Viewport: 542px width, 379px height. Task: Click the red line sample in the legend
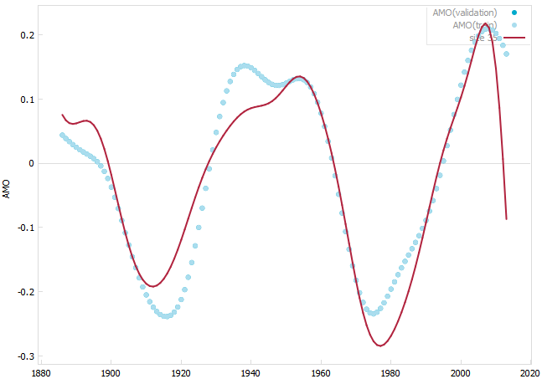(x=514, y=38)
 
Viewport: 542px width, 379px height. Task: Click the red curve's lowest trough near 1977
(x=380, y=345)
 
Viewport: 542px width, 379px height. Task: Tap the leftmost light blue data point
(x=62, y=135)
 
